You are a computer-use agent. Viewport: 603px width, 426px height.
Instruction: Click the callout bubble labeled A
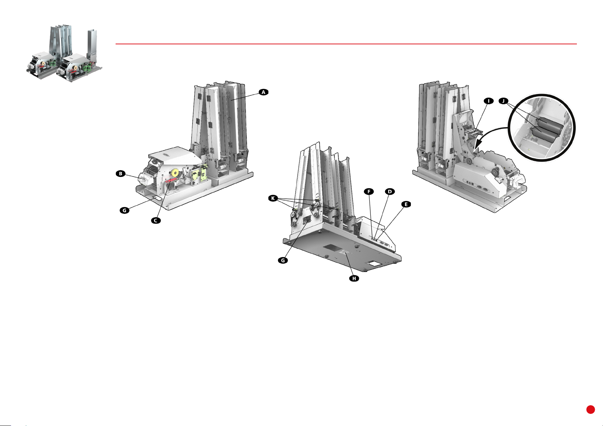263,92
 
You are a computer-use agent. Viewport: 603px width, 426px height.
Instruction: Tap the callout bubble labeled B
121,174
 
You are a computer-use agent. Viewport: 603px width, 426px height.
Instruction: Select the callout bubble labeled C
156,221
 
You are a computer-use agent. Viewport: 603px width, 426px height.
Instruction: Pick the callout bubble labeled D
389,192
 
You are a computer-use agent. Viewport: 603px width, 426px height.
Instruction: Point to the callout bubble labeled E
406,204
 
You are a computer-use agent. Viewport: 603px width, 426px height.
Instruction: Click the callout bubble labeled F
369,192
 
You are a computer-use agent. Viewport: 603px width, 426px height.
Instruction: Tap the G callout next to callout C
125,210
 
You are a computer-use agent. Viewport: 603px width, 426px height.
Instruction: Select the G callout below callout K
283,261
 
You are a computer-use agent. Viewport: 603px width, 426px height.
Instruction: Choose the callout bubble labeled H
354,278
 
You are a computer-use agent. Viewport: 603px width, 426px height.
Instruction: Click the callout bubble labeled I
488,101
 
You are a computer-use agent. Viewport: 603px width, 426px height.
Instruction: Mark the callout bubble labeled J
503,101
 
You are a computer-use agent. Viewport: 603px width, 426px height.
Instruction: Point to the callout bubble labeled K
273,198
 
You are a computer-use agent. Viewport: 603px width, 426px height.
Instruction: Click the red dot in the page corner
590,410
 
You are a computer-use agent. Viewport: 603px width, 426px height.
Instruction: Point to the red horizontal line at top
346,44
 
